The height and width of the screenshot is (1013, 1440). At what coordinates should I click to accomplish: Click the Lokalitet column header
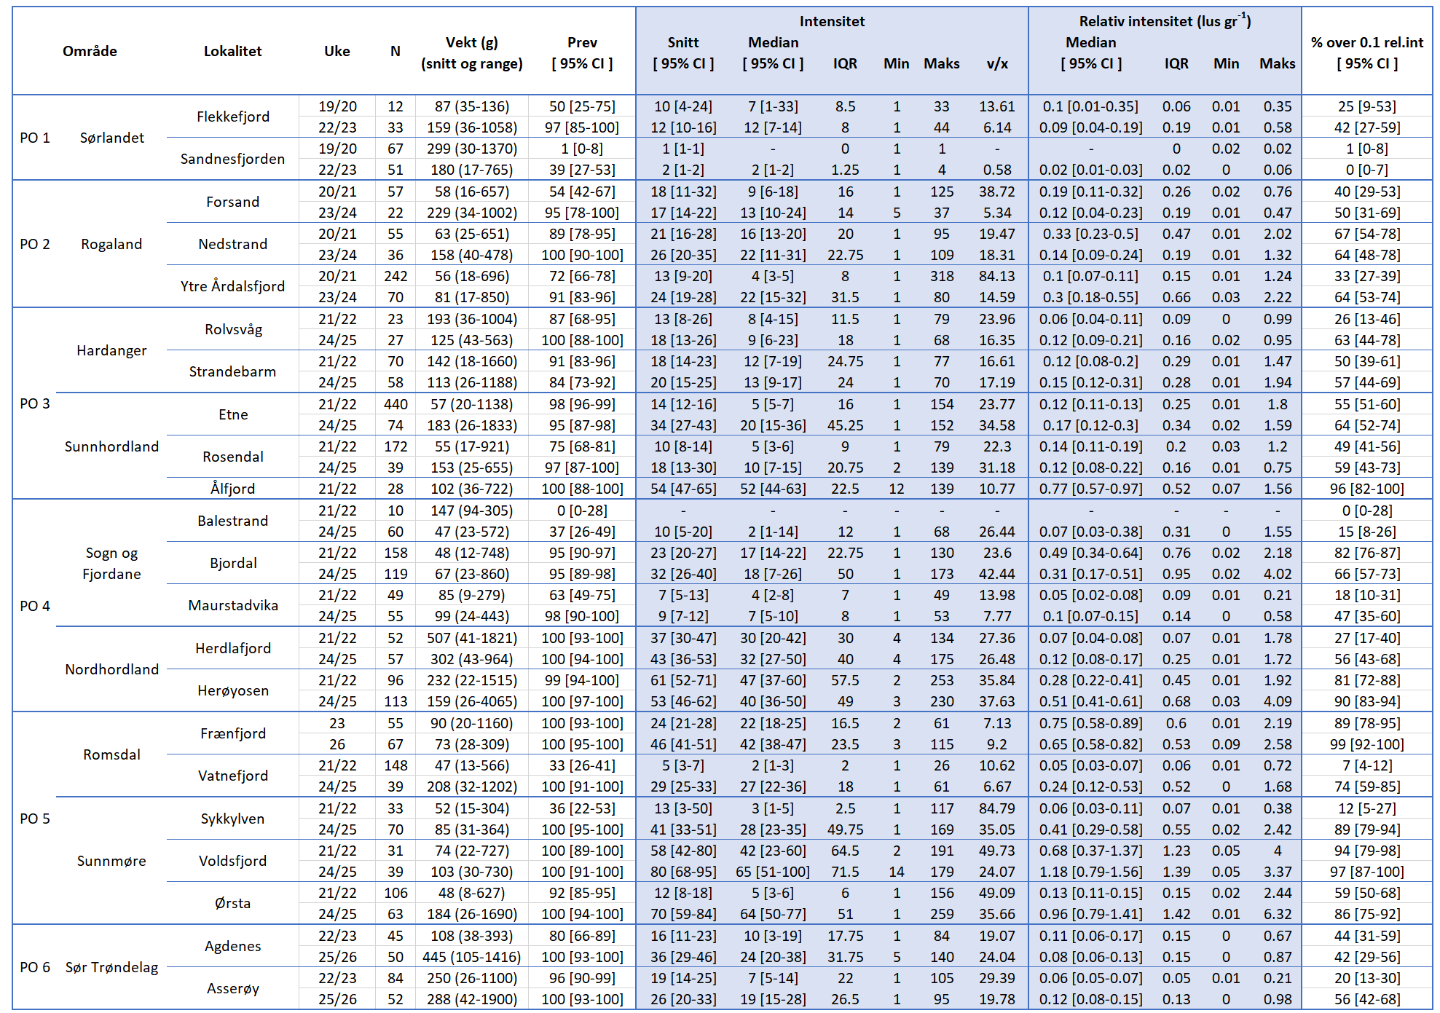coord(232,51)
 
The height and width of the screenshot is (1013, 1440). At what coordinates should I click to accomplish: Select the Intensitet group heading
coord(832,21)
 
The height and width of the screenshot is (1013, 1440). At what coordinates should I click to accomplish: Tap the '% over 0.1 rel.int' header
coord(1366,43)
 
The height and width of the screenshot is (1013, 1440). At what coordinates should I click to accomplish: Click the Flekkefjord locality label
coord(232,117)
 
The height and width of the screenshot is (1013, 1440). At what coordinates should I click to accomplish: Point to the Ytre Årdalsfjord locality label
coord(232,286)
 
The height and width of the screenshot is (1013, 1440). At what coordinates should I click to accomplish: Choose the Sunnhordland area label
coord(111,446)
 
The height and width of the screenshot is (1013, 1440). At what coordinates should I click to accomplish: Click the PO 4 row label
coord(35,606)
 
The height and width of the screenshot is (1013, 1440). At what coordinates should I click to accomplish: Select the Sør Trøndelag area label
coord(111,967)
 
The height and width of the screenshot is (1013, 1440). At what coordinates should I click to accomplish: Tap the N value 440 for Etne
coord(396,404)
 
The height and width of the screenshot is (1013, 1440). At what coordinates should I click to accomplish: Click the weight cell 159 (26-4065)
coord(471,701)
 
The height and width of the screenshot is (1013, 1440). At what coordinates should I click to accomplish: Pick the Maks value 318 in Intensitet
coord(941,276)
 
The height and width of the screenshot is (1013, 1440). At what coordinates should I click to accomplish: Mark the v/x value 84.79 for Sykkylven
coord(996,808)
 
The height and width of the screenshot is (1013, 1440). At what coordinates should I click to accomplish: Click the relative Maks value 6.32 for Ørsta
coord(1277,914)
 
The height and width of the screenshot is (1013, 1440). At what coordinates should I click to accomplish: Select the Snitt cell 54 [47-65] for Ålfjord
coord(682,489)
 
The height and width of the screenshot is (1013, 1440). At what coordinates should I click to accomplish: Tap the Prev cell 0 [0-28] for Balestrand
coord(582,511)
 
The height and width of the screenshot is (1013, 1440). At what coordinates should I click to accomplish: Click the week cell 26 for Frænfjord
coord(337,744)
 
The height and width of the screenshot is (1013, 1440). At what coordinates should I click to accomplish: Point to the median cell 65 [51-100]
coord(773,872)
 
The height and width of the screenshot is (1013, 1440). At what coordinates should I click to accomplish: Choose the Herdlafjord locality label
coord(232,648)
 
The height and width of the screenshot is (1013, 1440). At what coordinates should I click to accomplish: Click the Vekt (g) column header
coord(471,43)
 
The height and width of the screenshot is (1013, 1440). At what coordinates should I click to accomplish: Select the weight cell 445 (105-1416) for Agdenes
coord(471,957)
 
